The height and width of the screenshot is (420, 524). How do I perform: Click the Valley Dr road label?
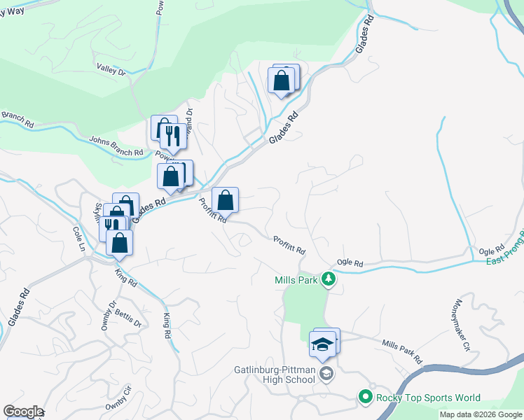[111, 70]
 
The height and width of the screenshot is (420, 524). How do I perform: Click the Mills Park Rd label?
[402, 351]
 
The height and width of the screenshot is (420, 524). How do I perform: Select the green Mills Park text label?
[296, 280]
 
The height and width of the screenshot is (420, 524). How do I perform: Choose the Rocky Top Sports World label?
[428, 398]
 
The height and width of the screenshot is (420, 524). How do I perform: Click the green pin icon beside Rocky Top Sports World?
[365, 398]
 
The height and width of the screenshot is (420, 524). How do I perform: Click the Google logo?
[22, 411]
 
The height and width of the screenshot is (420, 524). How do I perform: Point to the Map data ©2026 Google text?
[481, 414]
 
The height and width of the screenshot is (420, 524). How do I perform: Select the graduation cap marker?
[322, 344]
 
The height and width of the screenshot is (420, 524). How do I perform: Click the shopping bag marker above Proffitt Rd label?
[225, 200]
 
